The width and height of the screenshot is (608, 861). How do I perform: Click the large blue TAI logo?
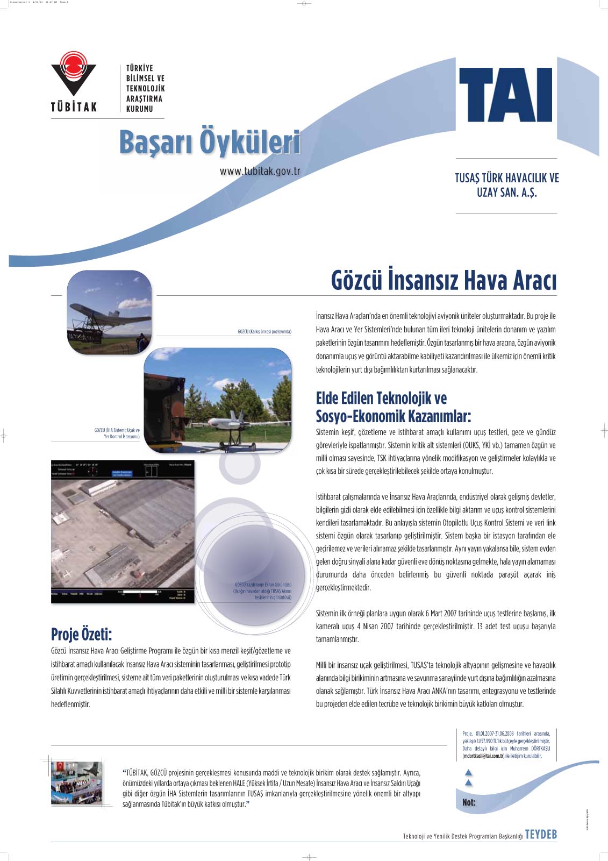505,95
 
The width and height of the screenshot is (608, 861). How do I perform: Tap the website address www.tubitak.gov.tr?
260,171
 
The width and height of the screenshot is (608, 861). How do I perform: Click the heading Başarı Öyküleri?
210,143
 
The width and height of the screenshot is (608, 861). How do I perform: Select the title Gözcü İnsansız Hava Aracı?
444,281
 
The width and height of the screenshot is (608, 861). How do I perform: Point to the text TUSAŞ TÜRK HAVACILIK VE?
506,178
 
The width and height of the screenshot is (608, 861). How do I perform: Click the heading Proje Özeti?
82,635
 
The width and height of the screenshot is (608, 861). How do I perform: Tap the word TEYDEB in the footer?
541,835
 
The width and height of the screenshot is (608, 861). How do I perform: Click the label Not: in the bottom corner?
469,802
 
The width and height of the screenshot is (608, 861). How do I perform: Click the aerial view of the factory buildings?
123,532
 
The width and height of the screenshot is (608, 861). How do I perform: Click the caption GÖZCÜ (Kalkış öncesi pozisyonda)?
264,332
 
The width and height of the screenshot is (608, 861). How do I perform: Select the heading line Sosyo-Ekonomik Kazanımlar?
394,416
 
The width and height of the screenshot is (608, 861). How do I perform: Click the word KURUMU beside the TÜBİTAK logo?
140,109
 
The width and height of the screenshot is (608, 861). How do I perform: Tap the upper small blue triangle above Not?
468,772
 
